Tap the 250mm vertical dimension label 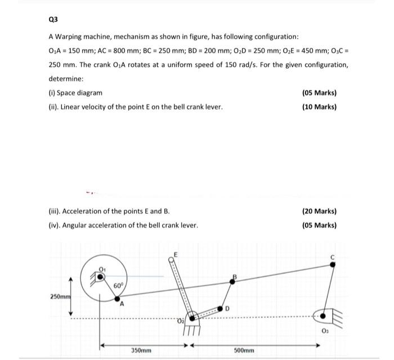(60, 296)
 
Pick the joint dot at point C (333, 264)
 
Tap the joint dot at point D (221, 308)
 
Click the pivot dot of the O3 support (323, 317)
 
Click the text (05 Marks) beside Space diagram (319, 93)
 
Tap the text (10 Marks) (319, 106)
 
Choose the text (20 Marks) (319, 211)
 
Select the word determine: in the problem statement (66, 79)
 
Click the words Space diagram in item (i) (80, 93)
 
